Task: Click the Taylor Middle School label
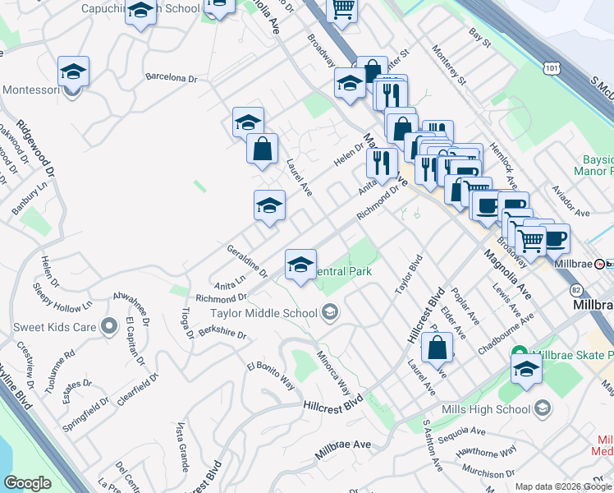tap(263, 312)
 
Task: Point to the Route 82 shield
tap(579, 291)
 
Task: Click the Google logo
tap(27, 482)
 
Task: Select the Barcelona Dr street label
tap(171, 79)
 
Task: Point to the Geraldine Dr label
tap(247, 260)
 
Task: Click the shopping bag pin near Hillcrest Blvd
tap(438, 348)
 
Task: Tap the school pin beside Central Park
tap(300, 265)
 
